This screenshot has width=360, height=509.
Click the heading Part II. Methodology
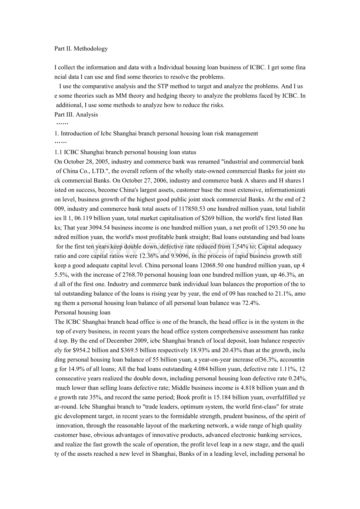pyautogui.click(x=81, y=49)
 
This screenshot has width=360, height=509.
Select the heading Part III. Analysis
pyautogui.click(x=76, y=115)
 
